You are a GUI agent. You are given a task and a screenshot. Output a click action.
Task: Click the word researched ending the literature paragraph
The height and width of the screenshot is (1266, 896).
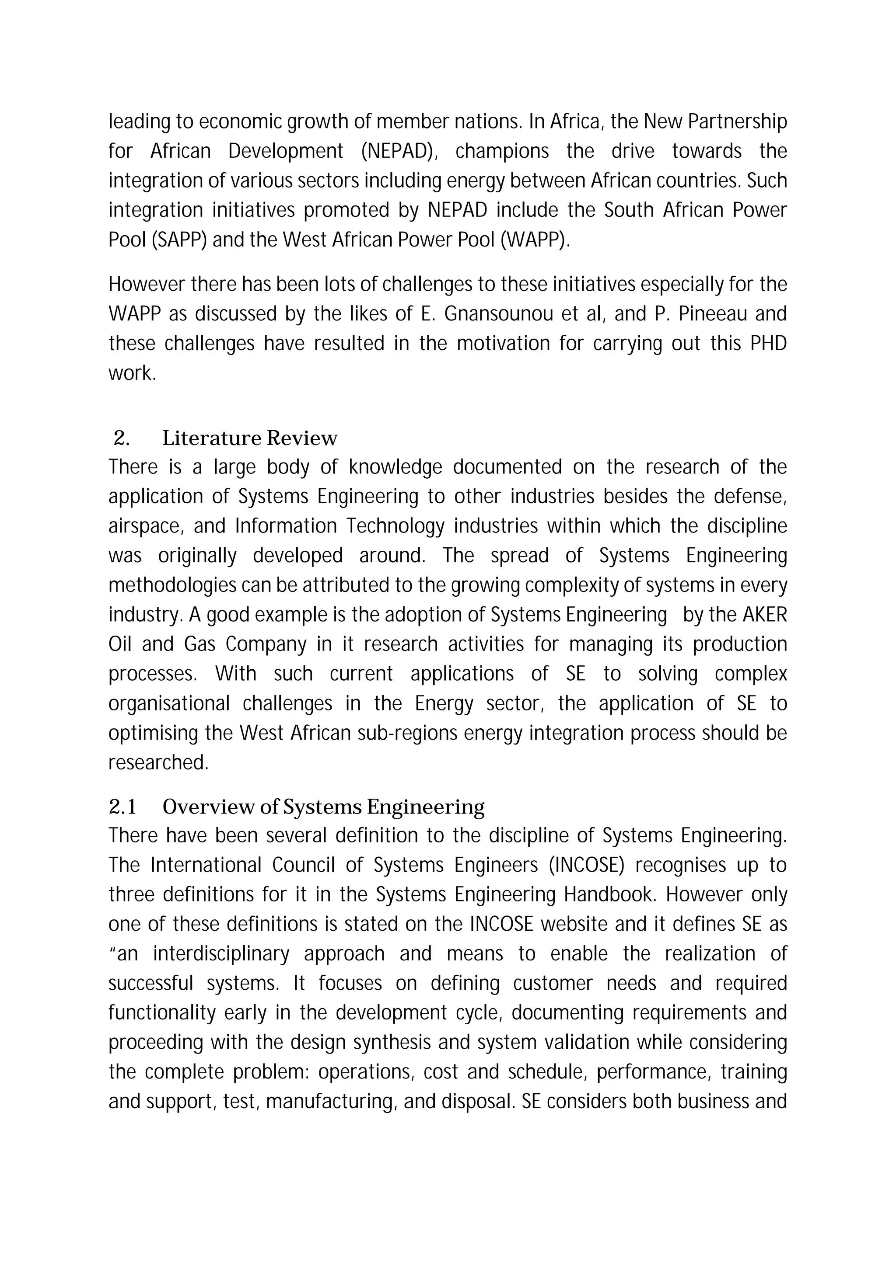pyautogui.click(x=158, y=762)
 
